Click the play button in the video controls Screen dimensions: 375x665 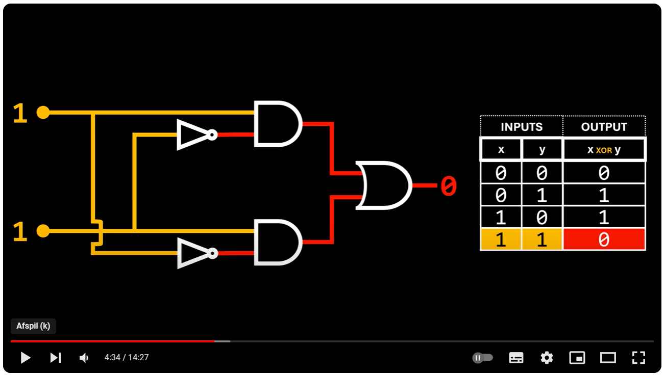click(25, 358)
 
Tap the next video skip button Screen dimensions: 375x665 click(55, 358)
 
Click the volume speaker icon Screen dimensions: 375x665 click(84, 358)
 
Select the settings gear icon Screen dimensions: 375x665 click(547, 358)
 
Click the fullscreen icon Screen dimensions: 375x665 click(638, 358)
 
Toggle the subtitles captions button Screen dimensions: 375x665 click(516, 358)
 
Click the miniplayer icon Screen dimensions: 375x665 click(577, 358)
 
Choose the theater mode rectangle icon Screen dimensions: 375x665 click(608, 358)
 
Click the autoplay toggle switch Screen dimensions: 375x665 click(483, 358)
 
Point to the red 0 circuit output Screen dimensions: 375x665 click(448, 186)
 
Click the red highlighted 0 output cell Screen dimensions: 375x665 click(604, 239)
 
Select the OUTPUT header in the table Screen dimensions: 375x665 click(604, 127)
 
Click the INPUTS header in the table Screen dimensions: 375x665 click(521, 127)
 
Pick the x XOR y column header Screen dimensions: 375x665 click(604, 150)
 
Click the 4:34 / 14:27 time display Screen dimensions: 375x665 click(127, 358)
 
